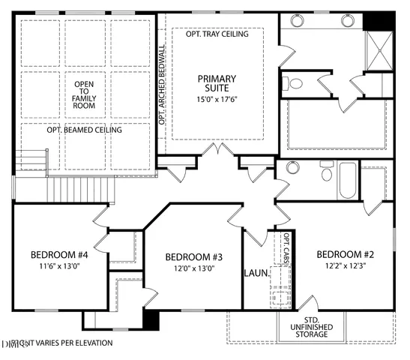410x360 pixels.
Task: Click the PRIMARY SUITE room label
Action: pyautogui.click(x=217, y=84)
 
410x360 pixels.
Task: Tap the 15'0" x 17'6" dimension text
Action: pyautogui.click(x=217, y=98)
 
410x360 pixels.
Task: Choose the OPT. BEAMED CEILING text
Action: pyautogui.click(x=85, y=130)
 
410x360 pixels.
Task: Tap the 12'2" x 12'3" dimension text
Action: pyautogui.click(x=345, y=265)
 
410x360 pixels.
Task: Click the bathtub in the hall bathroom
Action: pyautogui.click(x=347, y=181)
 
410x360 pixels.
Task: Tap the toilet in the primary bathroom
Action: pyautogui.click(x=295, y=83)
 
